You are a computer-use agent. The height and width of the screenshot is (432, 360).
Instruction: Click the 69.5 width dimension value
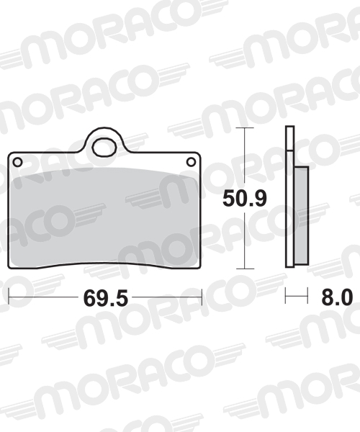point(106,298)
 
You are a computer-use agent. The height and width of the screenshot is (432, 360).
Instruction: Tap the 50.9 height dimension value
point(245,199)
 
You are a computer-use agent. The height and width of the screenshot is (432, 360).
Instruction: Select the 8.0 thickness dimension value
point(337,297)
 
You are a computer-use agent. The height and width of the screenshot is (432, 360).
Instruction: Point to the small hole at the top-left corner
point(17,162)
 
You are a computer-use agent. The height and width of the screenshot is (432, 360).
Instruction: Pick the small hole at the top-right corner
point(191,162)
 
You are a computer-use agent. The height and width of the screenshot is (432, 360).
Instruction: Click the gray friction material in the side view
point(302,215)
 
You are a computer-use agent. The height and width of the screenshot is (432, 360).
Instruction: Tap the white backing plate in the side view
point(289,197)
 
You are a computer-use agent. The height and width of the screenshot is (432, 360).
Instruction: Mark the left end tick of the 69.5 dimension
point(9,297)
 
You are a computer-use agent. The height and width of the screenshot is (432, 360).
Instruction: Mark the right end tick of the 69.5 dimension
point(202,297)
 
